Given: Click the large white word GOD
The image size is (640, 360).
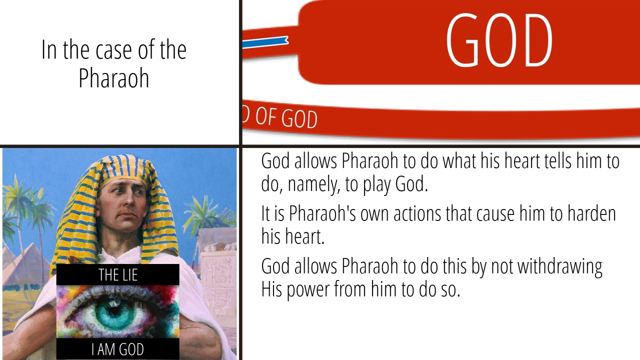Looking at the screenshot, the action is [499, 40].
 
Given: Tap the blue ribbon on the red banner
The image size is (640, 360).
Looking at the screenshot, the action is [265, 42].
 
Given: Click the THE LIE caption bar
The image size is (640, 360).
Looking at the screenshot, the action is [117, 274].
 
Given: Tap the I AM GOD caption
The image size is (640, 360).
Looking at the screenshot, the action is [117, 349].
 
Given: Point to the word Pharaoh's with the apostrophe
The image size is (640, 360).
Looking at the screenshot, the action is [322, 213].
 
